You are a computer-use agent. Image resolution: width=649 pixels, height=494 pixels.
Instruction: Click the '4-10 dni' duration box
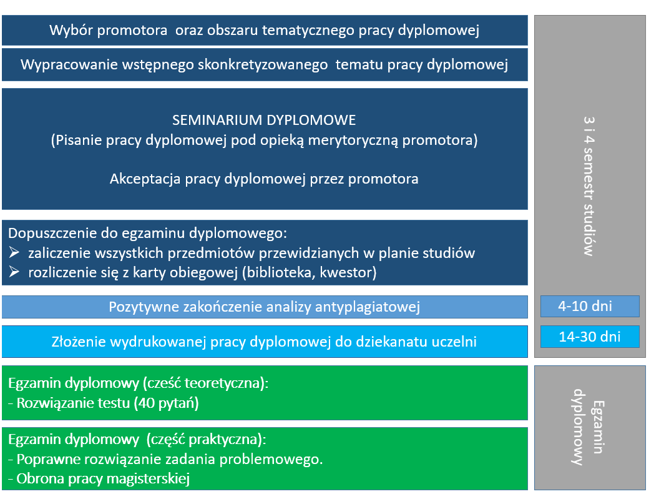(x=590, y=307)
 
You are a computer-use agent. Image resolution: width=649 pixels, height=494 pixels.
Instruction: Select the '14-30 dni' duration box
(x=590, y=337)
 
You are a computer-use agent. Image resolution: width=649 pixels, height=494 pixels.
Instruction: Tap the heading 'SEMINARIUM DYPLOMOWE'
(x=264, y=119)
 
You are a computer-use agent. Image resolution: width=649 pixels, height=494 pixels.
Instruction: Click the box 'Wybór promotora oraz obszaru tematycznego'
(x=264, y=31)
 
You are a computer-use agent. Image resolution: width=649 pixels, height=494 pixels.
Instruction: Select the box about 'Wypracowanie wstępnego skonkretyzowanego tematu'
(x=264, y=64)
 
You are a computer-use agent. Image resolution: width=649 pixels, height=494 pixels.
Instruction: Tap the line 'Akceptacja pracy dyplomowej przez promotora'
(x=264, y=179)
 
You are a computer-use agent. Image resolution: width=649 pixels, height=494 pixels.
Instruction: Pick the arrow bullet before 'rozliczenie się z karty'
(x=15, y=273)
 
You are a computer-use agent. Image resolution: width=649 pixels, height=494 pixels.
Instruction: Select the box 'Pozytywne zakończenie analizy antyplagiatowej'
(x=264, y=307)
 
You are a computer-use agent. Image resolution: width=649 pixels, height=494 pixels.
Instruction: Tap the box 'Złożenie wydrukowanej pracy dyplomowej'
(x=264, y=342)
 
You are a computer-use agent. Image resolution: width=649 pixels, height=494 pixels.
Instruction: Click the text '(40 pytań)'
(x=165, y=403)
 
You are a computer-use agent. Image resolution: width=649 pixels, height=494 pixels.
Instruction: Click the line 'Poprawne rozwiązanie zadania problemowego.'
(x=165, y=460)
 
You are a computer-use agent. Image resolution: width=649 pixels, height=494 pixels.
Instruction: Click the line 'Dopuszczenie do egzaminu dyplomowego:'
(x=147, y=234)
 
